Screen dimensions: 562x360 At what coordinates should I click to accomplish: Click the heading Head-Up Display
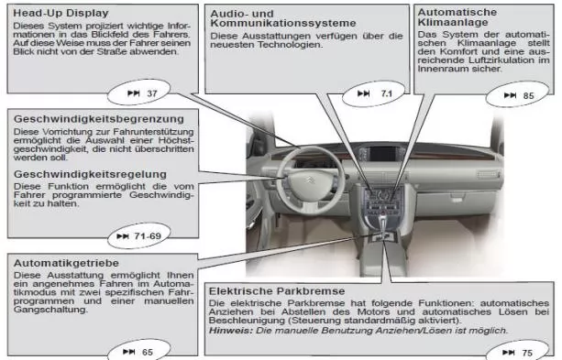click(x=61, y=13)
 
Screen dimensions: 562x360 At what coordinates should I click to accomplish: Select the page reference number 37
click(x=152, y=93)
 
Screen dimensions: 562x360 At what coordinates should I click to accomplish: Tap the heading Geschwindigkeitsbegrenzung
click(x=99, y=119)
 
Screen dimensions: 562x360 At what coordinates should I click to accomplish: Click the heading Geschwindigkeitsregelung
click(x=91, y=174)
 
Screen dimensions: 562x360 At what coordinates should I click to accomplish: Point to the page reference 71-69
click(x=148, y=236)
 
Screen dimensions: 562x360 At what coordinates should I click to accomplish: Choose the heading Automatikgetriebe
click(x=66, y=263)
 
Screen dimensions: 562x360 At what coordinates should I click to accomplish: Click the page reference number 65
click(x=148, y=353)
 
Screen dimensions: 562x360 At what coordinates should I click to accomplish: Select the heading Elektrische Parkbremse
click(x=277, y=291)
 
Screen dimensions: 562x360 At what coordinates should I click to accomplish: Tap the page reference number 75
click(x=527, y=354)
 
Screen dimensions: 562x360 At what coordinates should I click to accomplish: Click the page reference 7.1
click(x=387, y=93)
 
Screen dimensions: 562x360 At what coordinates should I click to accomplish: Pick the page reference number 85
click(x=529, y=96)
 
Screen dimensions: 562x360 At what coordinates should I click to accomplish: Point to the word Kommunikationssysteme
click(x=283, y=23)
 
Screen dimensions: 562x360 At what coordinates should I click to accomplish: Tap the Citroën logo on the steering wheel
click(x=311, y=180)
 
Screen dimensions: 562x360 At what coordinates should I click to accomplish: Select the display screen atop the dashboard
click(x=383, y=154)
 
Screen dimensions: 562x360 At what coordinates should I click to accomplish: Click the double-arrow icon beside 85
click(x=510, y=95)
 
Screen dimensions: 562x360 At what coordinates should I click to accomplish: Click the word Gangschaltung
click(x=50, y=310)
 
